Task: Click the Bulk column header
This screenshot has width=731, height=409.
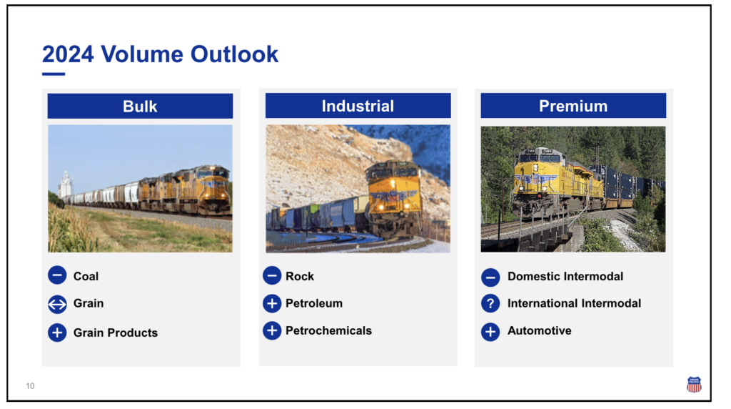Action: click(140, 106)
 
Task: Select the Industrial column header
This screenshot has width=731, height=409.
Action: click(358, 106)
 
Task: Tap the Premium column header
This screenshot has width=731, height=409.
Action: click(573, 106)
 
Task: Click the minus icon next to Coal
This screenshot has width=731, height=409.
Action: click(57, 275)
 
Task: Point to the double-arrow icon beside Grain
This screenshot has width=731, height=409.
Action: click(57, 305)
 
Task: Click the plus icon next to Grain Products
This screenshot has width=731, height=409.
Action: click(57, 332)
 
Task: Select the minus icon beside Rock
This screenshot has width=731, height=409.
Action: click(272, 275)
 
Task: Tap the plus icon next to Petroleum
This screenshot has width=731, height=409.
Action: click(272, 303)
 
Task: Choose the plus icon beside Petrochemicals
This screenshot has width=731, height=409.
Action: click(272, 330)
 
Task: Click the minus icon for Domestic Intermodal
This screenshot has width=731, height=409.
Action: click(490, 277)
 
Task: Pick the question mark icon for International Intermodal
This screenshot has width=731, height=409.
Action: click(490, 303)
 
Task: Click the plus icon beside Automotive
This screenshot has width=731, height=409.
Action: click(490, 332)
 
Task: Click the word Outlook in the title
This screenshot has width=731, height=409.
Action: click(234, 54)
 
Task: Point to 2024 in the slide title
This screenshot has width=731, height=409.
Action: click(68, 54)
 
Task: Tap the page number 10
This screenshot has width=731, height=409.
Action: click(30, 386)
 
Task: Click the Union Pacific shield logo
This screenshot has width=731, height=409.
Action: click(694, 384)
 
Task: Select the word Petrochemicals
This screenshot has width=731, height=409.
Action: click(328, 330)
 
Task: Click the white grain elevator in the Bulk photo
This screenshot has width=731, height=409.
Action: click(66, 185)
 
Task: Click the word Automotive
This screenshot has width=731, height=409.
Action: click(540, 330)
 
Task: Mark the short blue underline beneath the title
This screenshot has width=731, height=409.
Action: click(54, 74)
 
